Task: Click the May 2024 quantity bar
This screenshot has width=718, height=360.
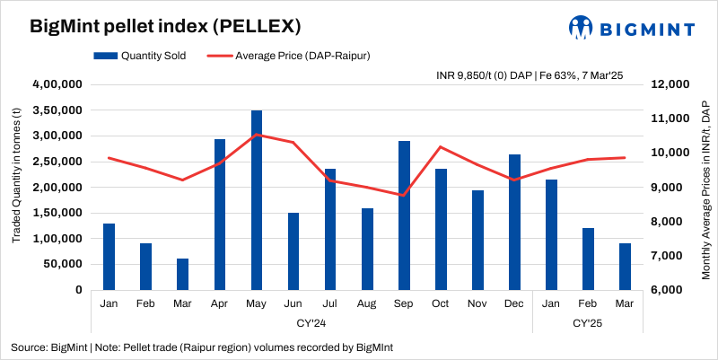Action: point(257,200)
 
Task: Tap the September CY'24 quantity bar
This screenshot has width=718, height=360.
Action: point(404,215)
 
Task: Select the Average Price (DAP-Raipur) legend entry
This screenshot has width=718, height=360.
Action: point(291,56)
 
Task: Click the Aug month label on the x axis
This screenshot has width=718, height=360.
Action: point(367,303)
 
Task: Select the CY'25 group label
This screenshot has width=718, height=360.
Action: point(587,321)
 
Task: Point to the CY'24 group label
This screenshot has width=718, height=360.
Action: point(311,321)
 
